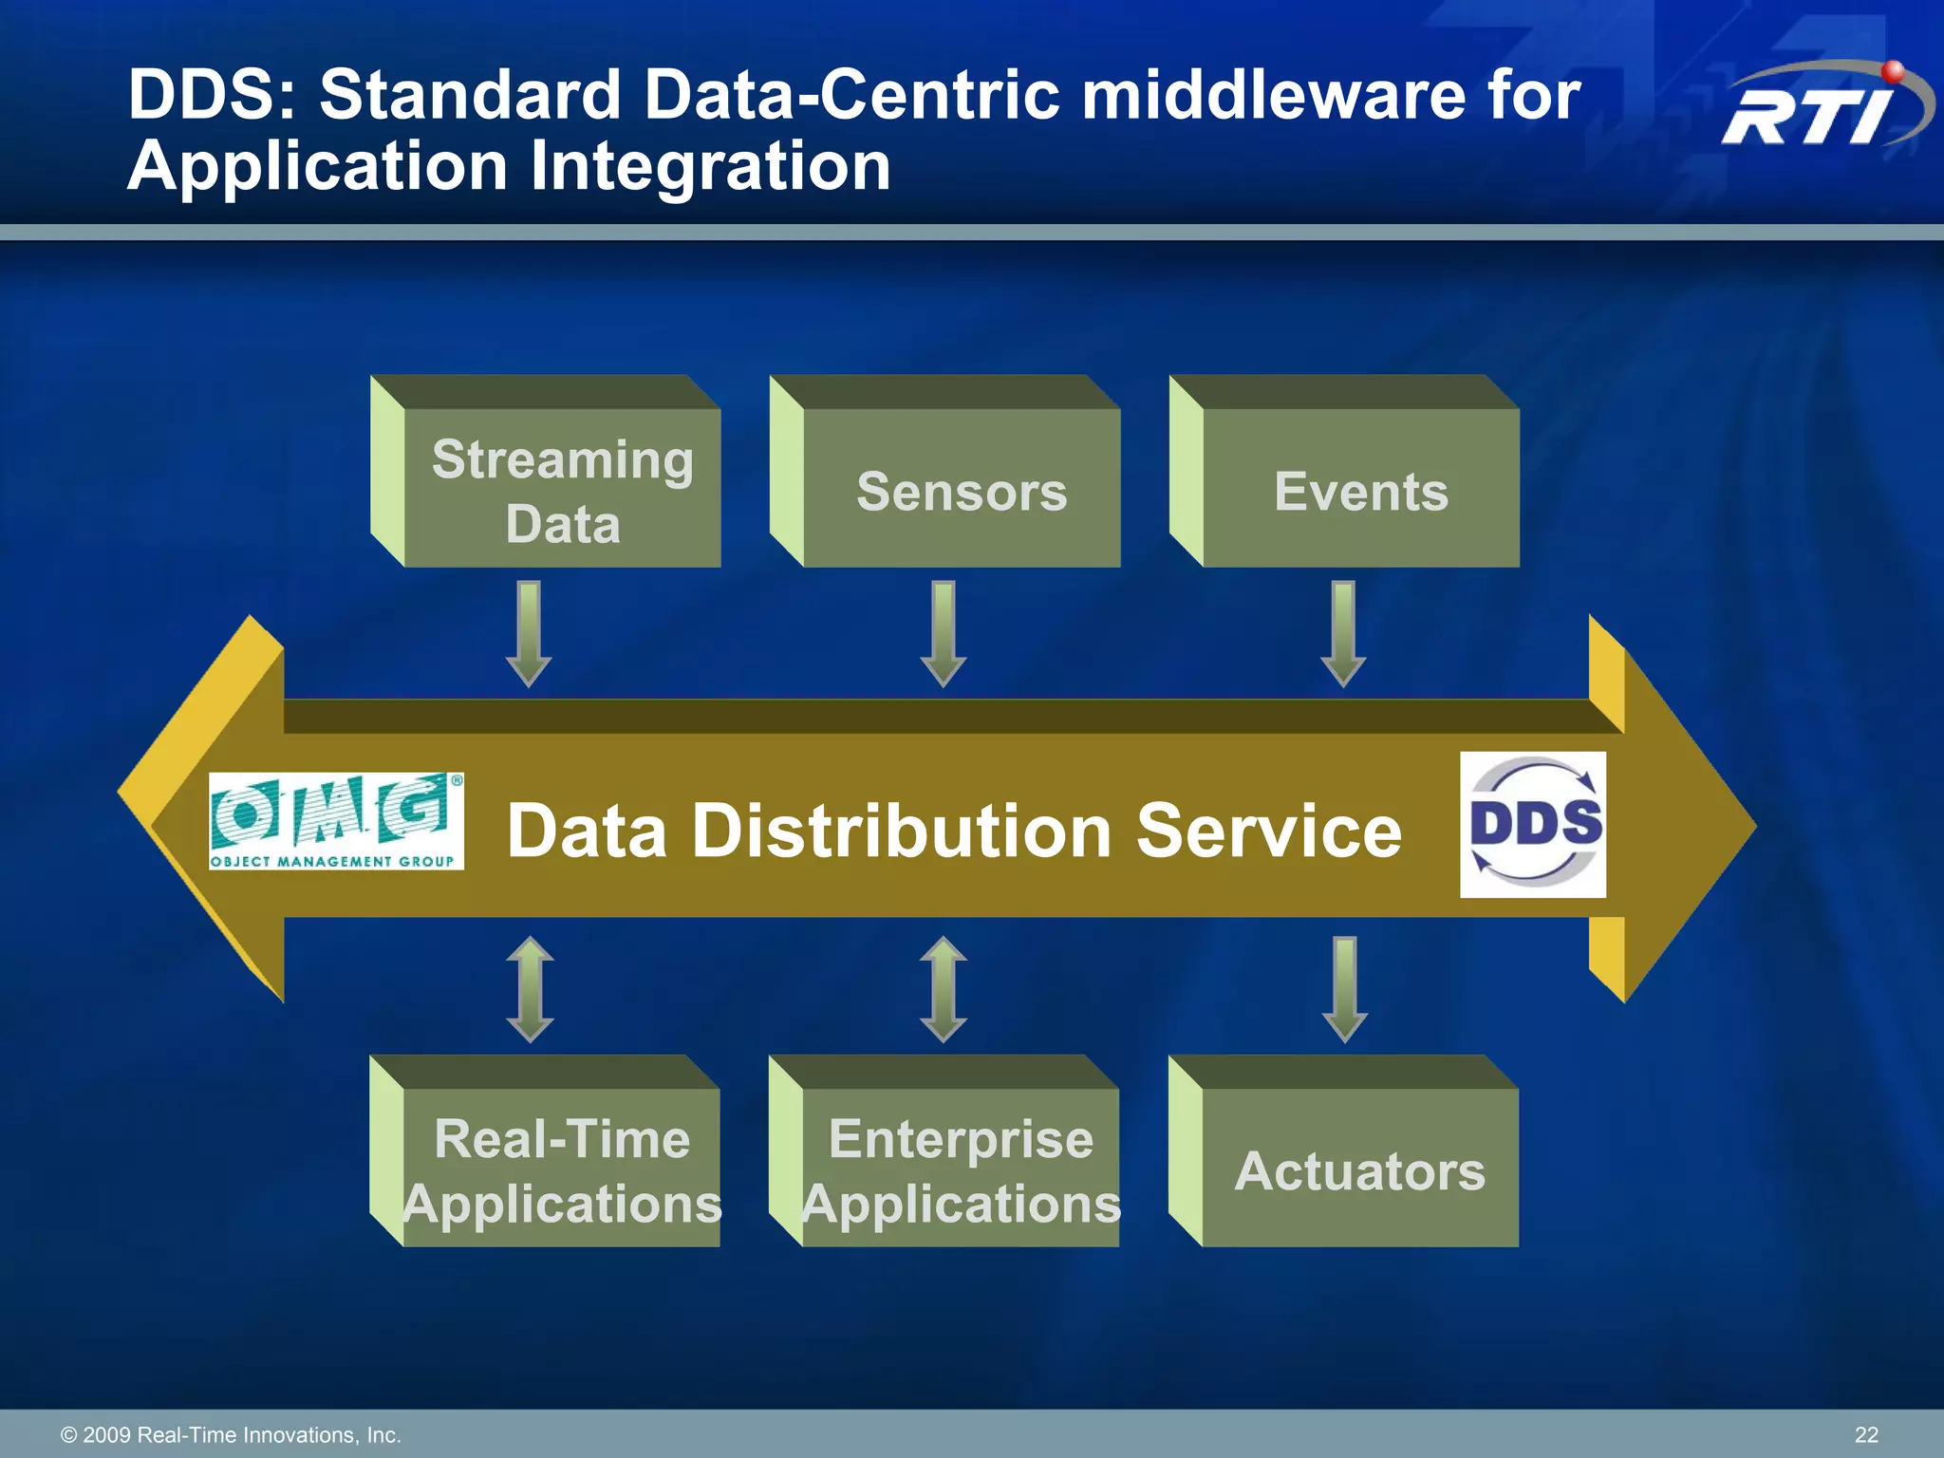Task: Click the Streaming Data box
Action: pos(562,490)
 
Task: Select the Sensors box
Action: pos(962,490)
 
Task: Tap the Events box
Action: pos(1361,490)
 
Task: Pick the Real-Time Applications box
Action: pos(562,1169)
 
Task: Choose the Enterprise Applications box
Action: pos(962,1169)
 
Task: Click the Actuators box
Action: pos(1360,1169)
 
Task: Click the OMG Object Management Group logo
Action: pos(336,821)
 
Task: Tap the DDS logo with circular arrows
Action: pos(1533,824)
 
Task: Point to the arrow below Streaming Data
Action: pos(529,633)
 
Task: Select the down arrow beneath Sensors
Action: pos(944,633)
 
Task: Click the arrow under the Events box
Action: pos(1343,633)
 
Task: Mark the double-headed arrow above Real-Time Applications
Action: pos(530,989)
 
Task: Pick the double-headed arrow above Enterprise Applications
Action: pos(944,989)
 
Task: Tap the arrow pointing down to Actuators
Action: pos(1344,989)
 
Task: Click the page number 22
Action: pos(1866,1434)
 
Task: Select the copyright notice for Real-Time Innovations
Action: pos(231,1434)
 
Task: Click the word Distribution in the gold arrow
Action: pos(901,831)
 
